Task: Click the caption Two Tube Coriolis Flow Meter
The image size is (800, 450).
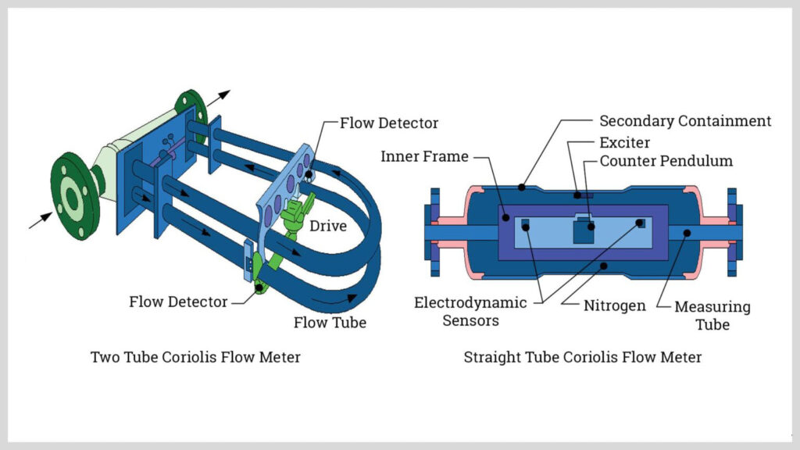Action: coord(195,357)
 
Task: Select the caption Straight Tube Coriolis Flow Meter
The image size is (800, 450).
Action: coord(583,357)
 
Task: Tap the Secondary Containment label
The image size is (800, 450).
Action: coord(684,121)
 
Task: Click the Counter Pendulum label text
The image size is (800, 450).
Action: coord(666,162)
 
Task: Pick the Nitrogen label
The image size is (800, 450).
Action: coord(615,305)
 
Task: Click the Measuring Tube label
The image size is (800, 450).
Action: coord(712,314)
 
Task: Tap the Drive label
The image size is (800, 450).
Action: coord(329,226)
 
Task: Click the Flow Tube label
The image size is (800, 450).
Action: coord(330,322)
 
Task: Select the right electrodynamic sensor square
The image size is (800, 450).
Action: coord(641,224)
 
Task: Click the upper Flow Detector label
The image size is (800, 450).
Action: coord(388,123)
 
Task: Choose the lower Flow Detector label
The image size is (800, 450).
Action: coord(178,302)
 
